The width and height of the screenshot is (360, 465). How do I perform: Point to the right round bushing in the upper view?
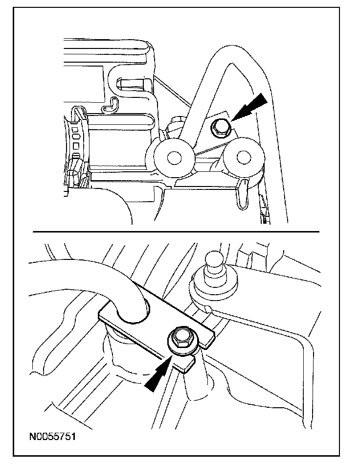241,157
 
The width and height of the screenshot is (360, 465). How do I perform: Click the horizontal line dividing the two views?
176,231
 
